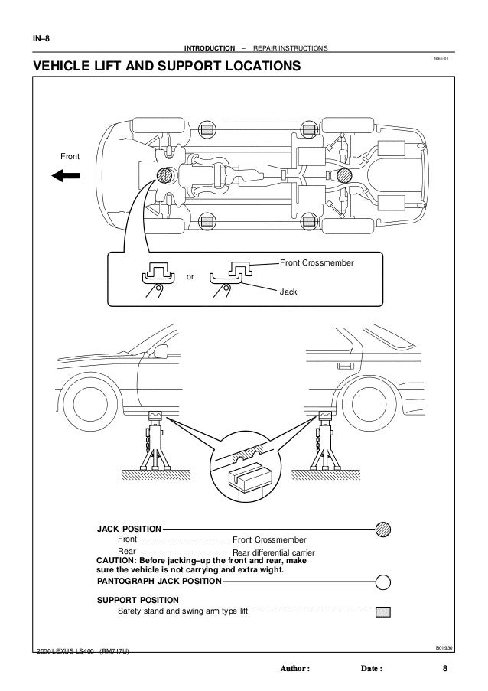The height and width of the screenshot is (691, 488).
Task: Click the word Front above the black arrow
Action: click(70, 157)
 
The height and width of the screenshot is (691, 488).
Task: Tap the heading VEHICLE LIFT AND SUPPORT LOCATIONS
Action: click(161, 67)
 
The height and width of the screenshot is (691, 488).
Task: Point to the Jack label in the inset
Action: click(288, 292)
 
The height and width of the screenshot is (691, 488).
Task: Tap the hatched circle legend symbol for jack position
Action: click(383, 529)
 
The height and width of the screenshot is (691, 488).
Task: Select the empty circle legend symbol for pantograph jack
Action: click(383, 582)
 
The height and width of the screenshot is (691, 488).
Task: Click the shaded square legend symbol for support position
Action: click(383, 612)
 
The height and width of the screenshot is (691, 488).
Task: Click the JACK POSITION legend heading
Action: click(129, 529)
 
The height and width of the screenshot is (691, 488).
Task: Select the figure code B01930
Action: click(444, 647)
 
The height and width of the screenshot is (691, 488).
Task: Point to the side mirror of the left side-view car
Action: click(161, 352)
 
